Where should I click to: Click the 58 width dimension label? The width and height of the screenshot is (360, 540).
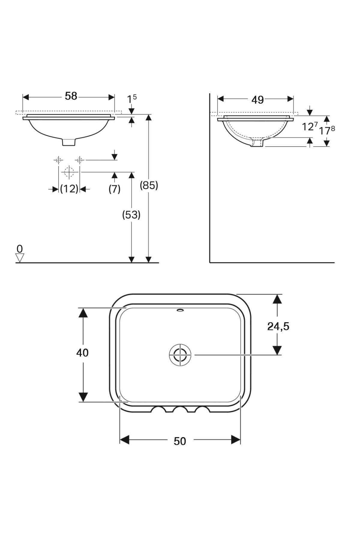click(71, 96)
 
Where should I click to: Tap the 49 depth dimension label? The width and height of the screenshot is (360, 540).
click(257, 100)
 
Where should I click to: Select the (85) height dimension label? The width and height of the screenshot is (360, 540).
click(149, 186)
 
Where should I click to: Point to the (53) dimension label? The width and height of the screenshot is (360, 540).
click(131, 215)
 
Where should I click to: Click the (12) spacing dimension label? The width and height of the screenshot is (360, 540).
click(69, 189)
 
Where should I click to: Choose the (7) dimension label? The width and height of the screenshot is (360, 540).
click(114, 189)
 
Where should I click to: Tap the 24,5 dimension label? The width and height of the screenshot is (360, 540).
click(278, 326)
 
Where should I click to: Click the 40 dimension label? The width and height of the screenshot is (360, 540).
click(82, 353)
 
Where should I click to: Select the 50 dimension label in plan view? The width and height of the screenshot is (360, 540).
click(180, 441)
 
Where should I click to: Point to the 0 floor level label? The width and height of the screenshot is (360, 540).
click(20, 249)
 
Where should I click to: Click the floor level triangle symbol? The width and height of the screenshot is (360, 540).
click(20, 258)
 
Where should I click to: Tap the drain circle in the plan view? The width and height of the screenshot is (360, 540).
click(180, 355)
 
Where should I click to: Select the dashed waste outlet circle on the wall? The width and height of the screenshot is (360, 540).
click(69, 172)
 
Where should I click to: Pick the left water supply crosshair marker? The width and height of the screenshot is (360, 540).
click(58, 160)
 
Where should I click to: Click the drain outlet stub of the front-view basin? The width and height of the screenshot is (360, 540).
click(69, 142)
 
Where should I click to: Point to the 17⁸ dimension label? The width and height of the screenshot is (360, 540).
click(327, 131)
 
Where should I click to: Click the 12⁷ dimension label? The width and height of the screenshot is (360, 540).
click(310, 127)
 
